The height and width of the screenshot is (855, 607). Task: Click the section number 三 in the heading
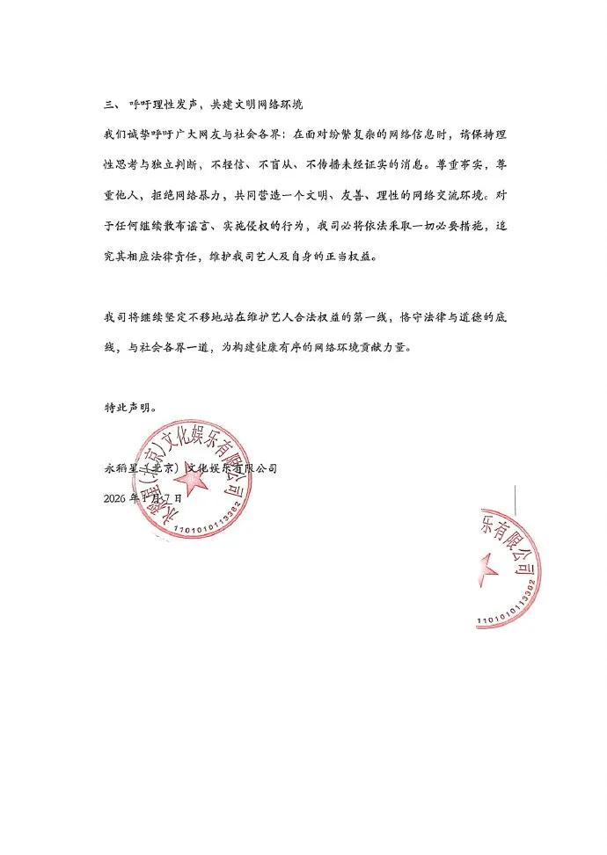coord(109,105)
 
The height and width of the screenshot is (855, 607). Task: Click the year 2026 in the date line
coord(114,497)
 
